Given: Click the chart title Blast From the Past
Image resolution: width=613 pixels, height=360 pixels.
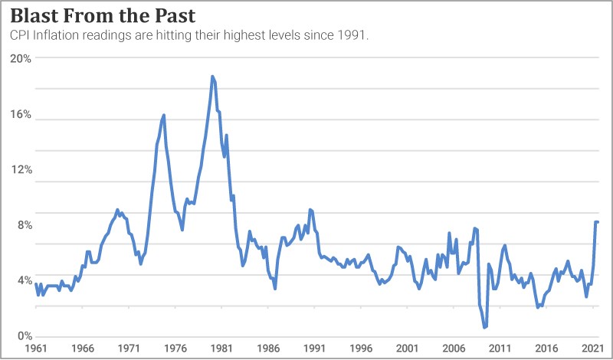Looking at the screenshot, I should pyautogui.click(x=103, y=16).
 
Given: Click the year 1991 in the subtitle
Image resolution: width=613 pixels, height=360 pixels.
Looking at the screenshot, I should pyautogui.click(x=353, y=35).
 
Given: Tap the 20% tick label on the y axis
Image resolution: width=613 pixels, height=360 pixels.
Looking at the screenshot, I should pyautogui.click(x=21, y=58).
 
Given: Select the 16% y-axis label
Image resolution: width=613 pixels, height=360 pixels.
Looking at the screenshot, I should pyautogui.click(x=21, y=114).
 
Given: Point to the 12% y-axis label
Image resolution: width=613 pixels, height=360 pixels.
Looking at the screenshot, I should pyautogui.click(x=21, y=169).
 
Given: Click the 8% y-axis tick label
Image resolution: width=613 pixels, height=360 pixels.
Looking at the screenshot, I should pyautogui.click(x=24, y=225).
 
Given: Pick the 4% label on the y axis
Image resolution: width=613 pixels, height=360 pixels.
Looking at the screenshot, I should pyautogui.click(x=24, y=280).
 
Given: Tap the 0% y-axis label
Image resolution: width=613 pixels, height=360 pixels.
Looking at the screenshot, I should pyautogui.click(x=24, y=336).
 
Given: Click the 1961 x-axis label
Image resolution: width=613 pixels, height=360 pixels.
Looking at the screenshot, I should pyautogui.click(x=35, y=348).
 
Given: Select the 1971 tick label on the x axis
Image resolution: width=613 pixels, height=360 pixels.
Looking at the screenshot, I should pyautogui.click(x=129, y=348).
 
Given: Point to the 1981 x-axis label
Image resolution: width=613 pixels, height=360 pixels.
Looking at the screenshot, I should pyautogui.click(x=221, y=348).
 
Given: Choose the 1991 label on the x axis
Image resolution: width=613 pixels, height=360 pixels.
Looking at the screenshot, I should pyautogui.click(x=314, y=348).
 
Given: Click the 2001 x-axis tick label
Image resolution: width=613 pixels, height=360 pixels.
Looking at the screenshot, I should pyautogui.click(x=407, y=348).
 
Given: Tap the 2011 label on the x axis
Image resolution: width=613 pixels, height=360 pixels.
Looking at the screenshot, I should pyautogui.click(x=500, y=348).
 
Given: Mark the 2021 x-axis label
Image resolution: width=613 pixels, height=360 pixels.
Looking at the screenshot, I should pyautogui.click(x=592, y=348).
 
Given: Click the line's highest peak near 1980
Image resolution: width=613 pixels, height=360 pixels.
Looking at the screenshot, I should pyautogui.click(x=212, y=77).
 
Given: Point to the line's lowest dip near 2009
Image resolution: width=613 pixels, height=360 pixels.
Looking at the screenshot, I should pyautogui.click(x=484, y=328).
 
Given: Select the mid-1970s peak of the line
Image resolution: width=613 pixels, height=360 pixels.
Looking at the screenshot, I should pyautogui.click(x=164, y=115).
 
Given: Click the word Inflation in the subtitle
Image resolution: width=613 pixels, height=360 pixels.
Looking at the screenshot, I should pyautogui.click(x=57, y=35).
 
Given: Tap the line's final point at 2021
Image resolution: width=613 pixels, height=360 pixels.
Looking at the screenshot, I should pyautogui.click(x=598, y=222).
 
